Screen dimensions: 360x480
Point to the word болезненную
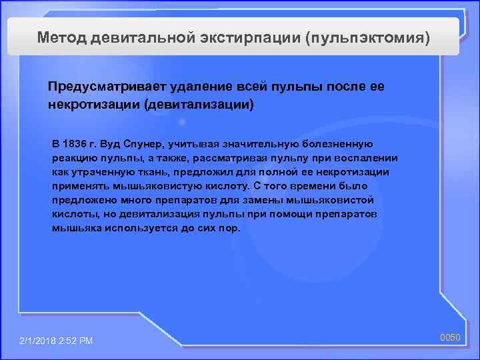[x=339, y=144]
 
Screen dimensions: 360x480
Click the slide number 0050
[x=450, y=338]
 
